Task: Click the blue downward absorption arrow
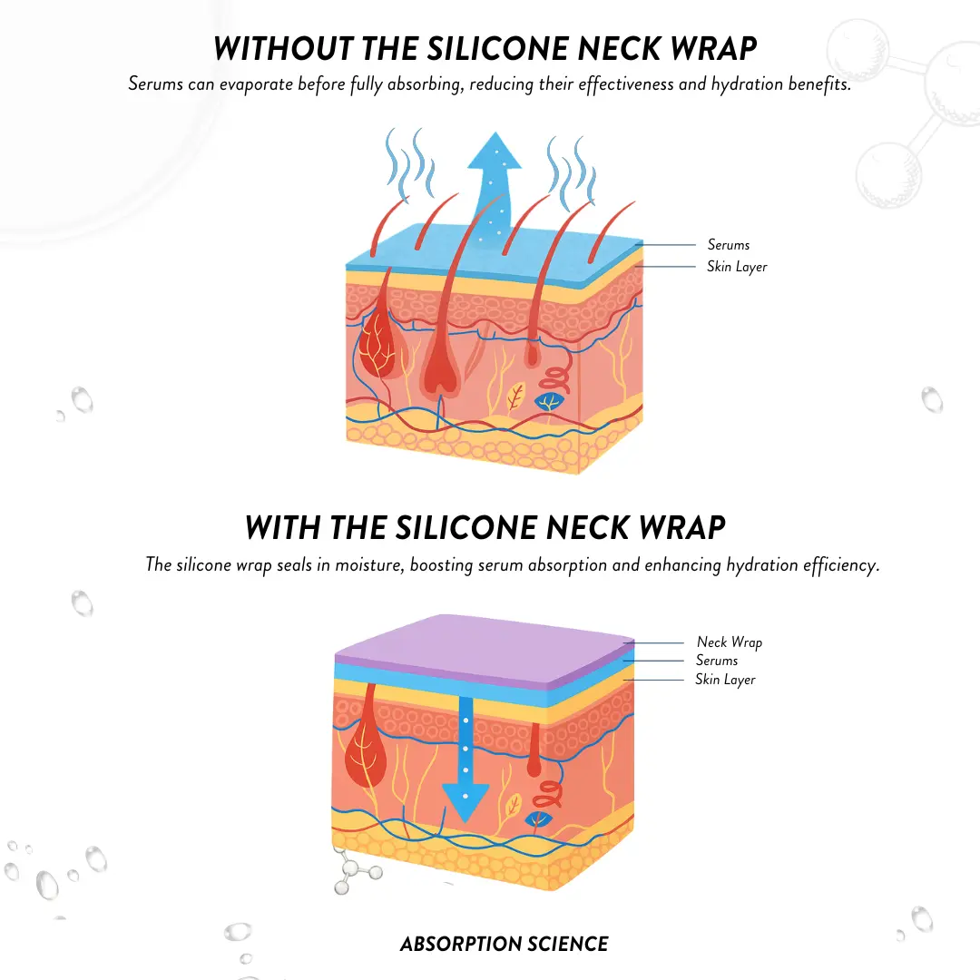(465, 760)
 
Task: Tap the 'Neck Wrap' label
(730, 642)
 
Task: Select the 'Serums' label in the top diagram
(728, 244)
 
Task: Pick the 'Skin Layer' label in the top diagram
(737, 267)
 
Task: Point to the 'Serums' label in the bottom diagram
(717, 661)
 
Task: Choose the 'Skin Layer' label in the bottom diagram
(725, 680)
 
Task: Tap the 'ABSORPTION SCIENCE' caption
(505, 944)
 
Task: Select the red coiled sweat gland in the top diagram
(555, 375)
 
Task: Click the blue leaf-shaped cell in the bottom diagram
(538, 820)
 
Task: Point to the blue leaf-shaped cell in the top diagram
(549, 401)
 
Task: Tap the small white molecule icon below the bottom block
(357, 870)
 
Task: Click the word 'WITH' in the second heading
(283, 527)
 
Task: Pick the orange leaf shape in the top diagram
(515, 397)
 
